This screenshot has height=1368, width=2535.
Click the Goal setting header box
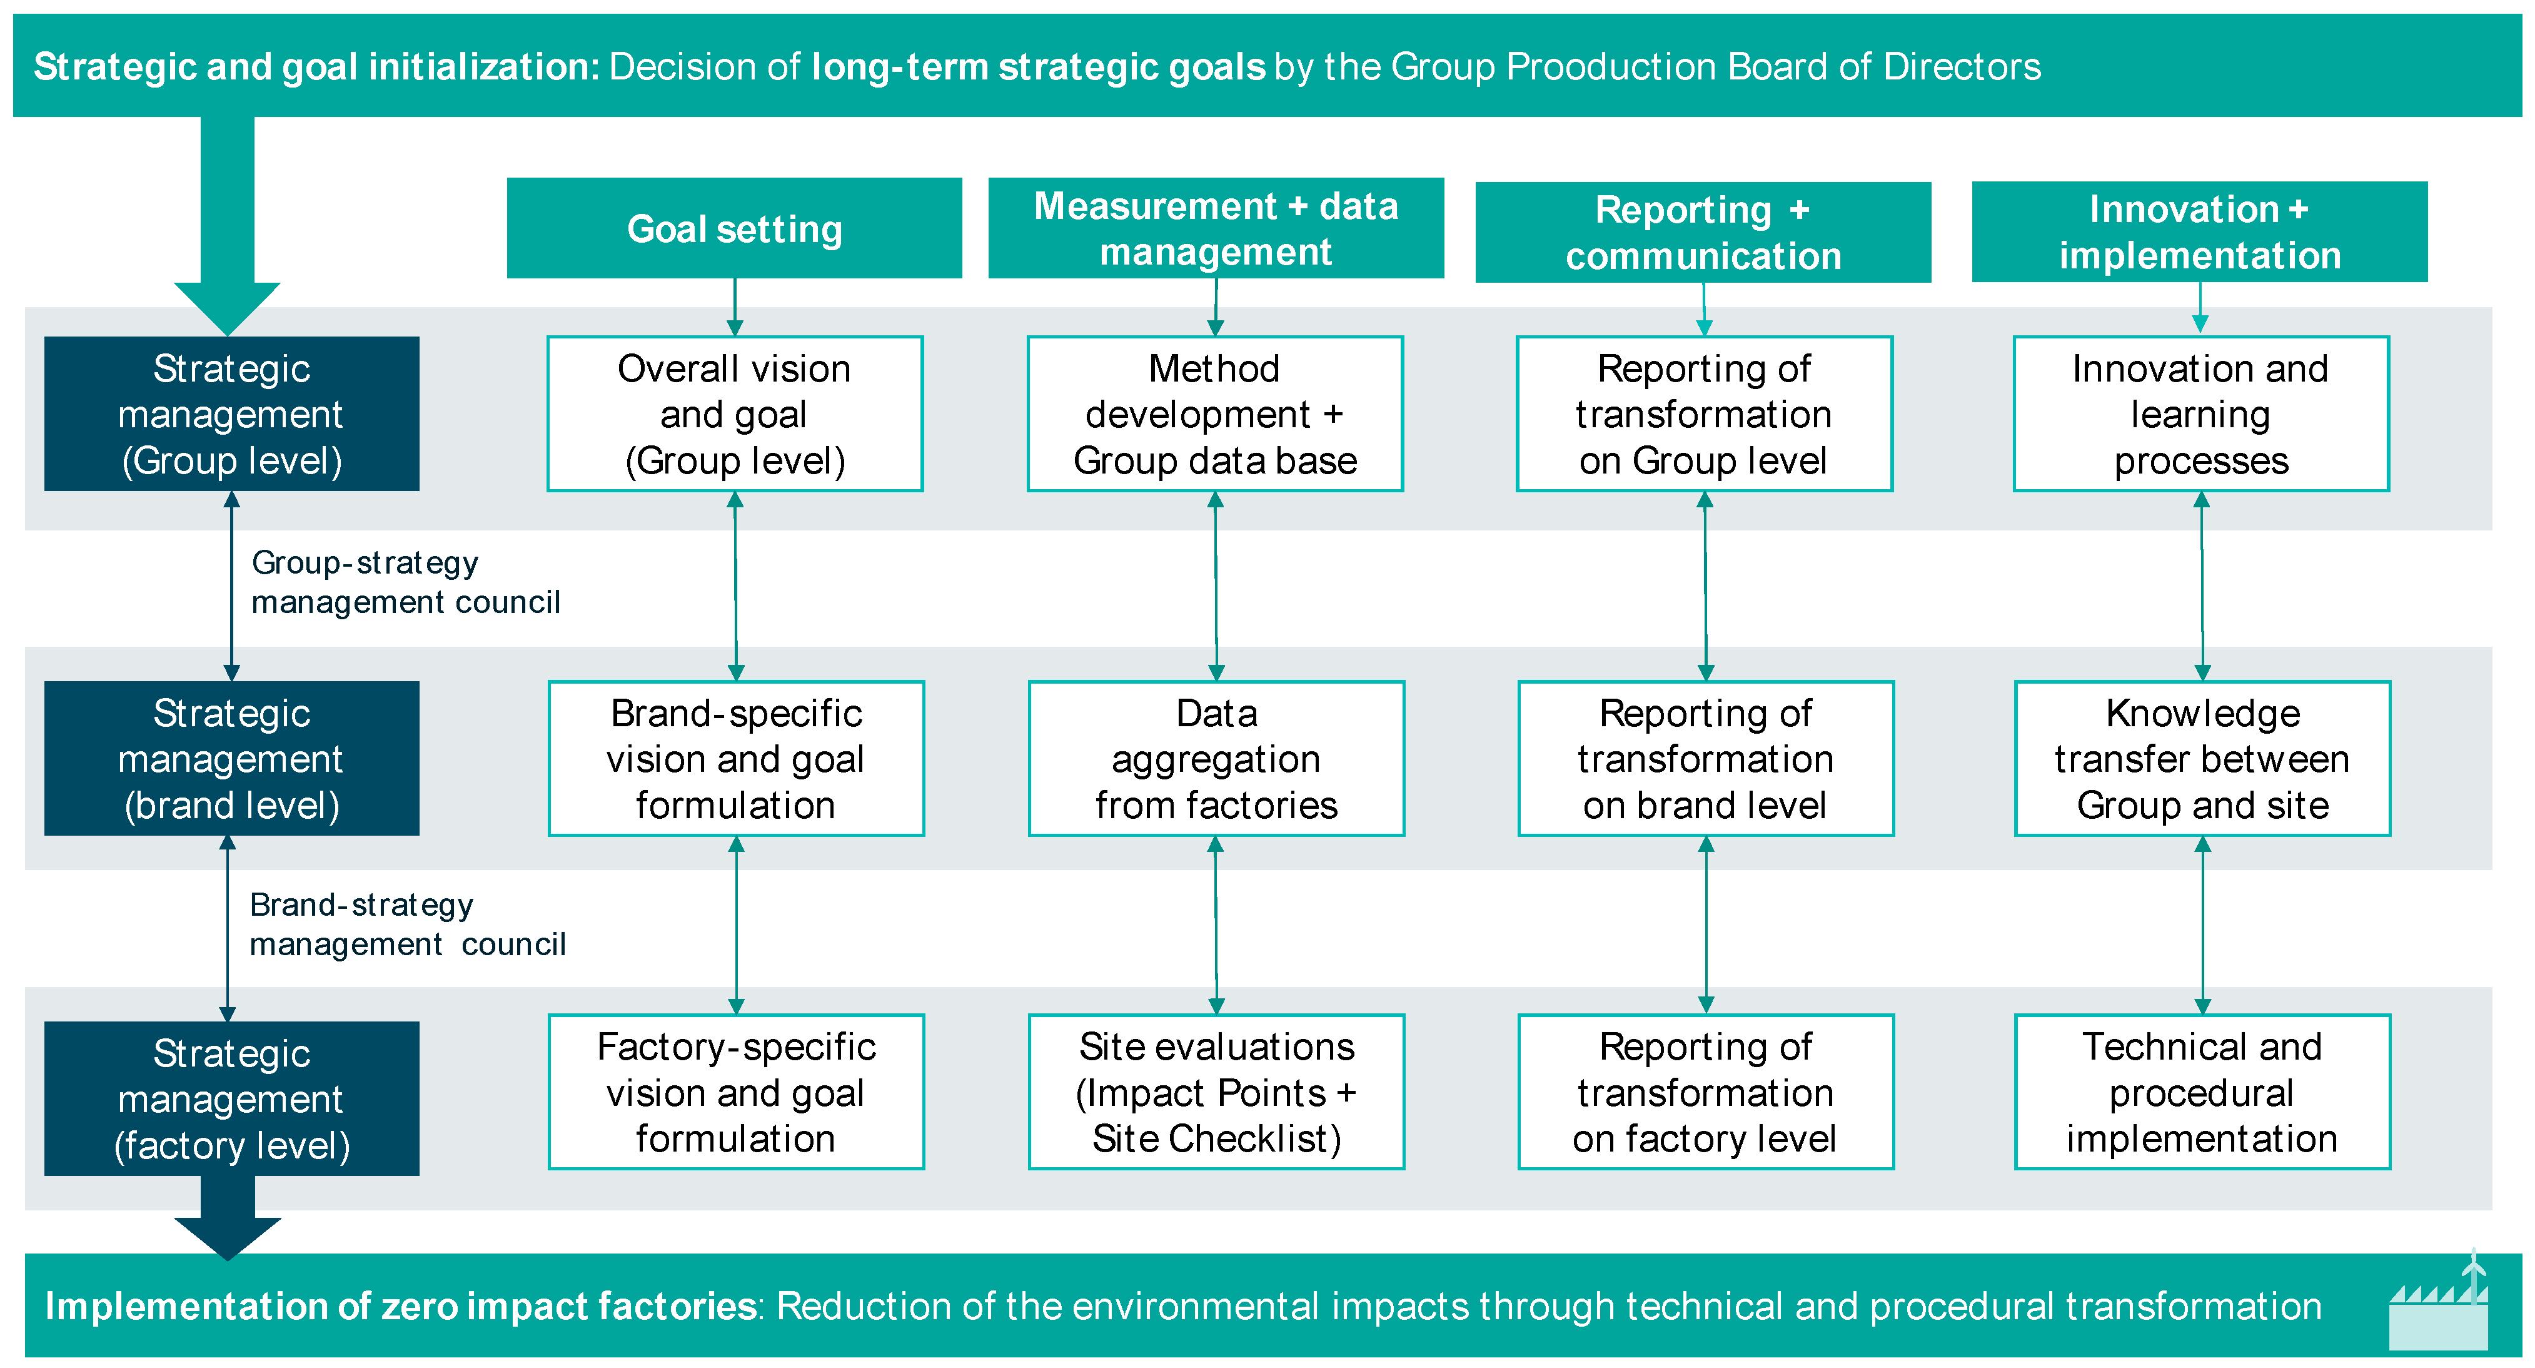[734, 228]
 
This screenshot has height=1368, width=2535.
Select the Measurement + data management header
[1216, 228]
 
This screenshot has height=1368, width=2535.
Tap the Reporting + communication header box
[1703, 232]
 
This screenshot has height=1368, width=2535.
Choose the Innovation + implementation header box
[2199, 232]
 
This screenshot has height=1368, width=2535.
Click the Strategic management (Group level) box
[231, 414]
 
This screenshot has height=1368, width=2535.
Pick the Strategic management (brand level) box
[231, 759]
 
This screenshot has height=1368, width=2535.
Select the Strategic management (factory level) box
[231, 1098]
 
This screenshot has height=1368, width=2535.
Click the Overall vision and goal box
[734, 414]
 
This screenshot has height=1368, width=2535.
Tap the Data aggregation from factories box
[1216, 759]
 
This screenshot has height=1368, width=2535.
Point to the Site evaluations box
[1216, 1092]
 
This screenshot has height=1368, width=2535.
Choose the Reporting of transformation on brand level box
[1705, 759]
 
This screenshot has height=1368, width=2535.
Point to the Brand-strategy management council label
[406, 924]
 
